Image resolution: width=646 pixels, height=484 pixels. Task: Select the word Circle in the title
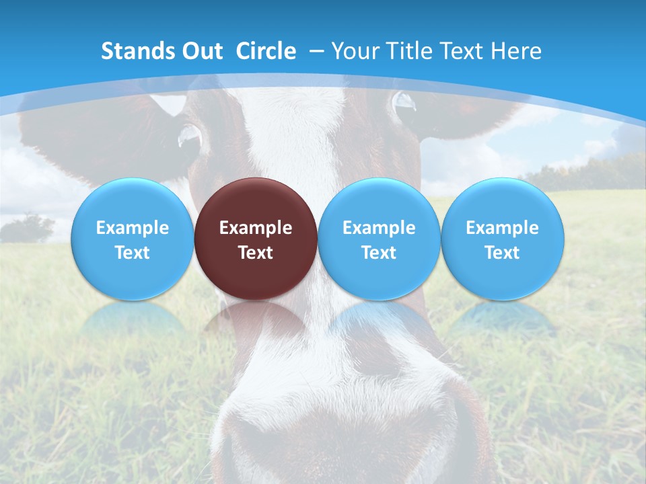[x=266, y=51]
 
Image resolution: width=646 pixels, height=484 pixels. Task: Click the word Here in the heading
[x=516, y=51]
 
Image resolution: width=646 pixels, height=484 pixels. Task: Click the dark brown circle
[x=256, y=239]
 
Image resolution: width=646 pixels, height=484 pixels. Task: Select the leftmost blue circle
[x=132, y=239]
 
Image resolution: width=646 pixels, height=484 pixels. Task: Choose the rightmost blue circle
[x=502, y=239]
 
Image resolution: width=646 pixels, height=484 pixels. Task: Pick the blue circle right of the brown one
[x=379, y=239]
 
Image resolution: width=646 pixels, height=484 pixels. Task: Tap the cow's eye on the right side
[x=404, y=102]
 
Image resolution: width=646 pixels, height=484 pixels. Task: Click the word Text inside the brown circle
[x=256, y=253]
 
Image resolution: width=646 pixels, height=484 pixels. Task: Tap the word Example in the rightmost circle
[x=502, y=228]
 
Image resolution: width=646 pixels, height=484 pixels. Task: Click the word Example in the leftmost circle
[x=132, y=228]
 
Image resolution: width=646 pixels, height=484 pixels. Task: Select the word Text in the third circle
[x=379, y=253]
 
